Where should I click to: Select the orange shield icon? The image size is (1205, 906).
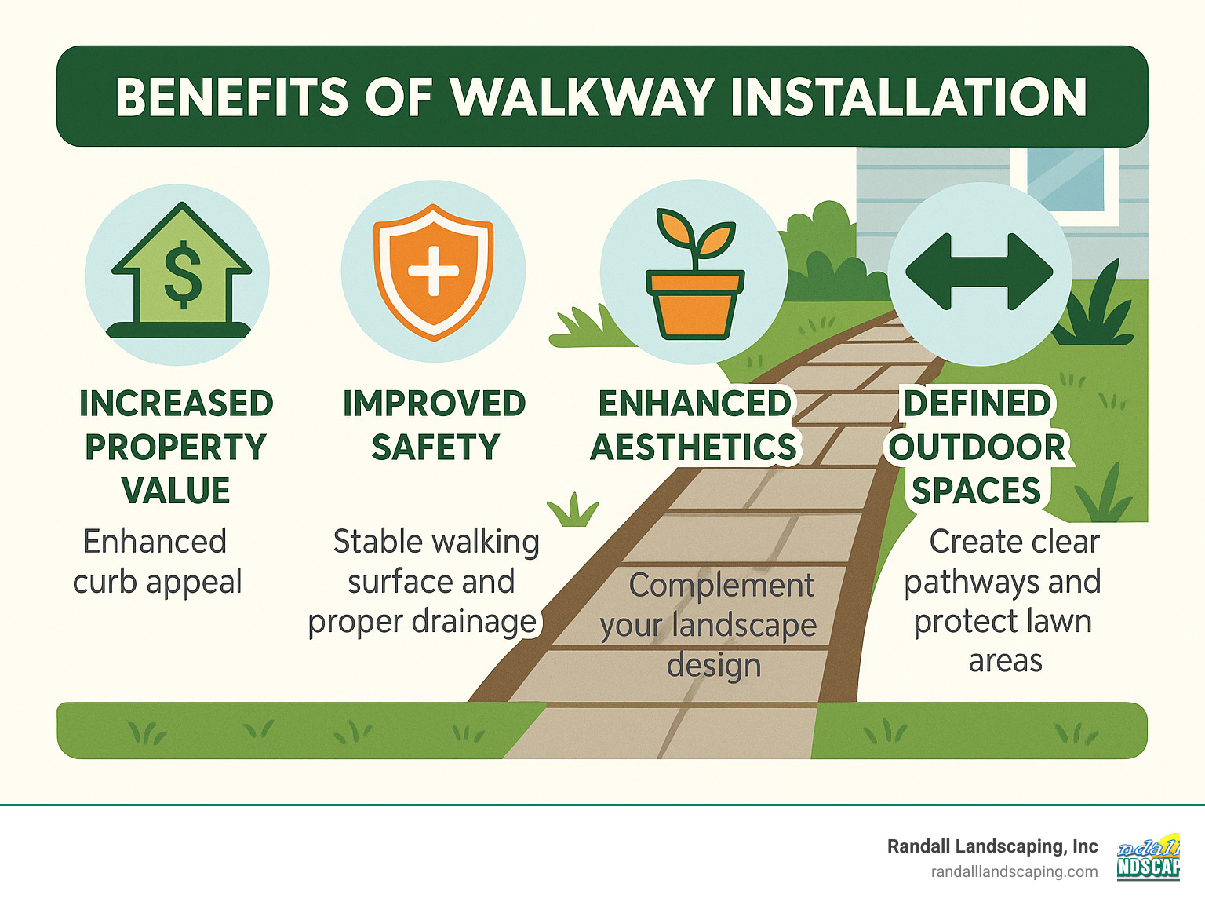pyautogui.click(x=433, y=272)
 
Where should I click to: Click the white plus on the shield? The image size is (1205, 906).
pyautogui.click(x=433, y=272)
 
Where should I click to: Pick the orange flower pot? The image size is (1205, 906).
pyautogui.click(x=694, y=303)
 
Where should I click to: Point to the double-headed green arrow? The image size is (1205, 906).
pyautogui.click(x=979, y=272)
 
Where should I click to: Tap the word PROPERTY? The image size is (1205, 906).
pyautogui.click(x=176, y=448)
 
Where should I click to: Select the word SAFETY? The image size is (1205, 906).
pyautogui.click(x=435, y=448)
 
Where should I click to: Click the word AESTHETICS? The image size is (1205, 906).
pyautogui.click(x=694, y=448)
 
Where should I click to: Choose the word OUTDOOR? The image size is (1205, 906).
pyautogui.click(x=977, y=448)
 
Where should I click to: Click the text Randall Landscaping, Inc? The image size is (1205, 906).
pyautogui.click(x=992, y=846)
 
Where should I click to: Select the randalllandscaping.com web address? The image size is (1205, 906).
pyautogui.click(x=1014, y=872)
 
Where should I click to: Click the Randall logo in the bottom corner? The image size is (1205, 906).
pyautogui.click(x=1149, y=857)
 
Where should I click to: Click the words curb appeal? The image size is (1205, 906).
pyautogui.click(x=157, y=583)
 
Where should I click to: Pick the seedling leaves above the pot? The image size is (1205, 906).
pyautogui.click(x=694, y=232)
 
